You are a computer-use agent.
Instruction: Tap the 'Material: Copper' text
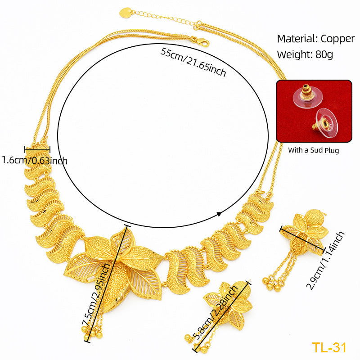315,39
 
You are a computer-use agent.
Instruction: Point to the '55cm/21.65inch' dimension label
193,62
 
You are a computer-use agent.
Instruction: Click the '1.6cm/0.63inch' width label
35,160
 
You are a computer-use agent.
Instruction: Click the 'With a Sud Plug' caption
314,150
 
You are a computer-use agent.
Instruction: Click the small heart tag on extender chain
126,13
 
